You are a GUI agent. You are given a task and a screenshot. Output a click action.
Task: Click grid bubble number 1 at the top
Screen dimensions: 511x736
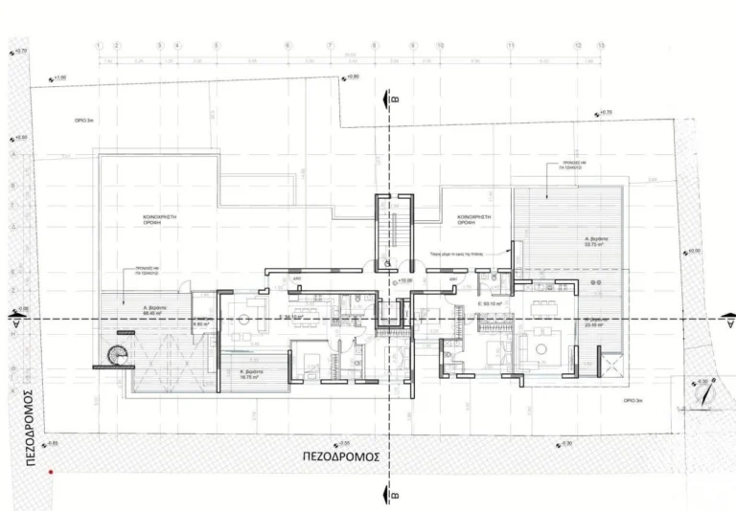click(x=99, y=45)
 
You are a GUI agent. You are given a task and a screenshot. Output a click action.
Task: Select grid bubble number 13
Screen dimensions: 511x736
click(x=601, y=45)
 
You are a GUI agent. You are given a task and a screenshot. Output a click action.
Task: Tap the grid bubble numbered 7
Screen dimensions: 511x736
click(x=329, y=45)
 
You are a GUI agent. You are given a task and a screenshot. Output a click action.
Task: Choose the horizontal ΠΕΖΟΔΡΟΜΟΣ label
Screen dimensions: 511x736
click(x=340, y=457)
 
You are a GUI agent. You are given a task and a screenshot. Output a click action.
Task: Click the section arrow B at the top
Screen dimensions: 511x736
click(x=388, y=98)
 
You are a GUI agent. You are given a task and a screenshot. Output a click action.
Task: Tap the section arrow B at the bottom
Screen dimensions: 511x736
click(x=388, y=493)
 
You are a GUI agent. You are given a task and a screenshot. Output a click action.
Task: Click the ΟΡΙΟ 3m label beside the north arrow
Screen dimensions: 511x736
click(x=634, y=400)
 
